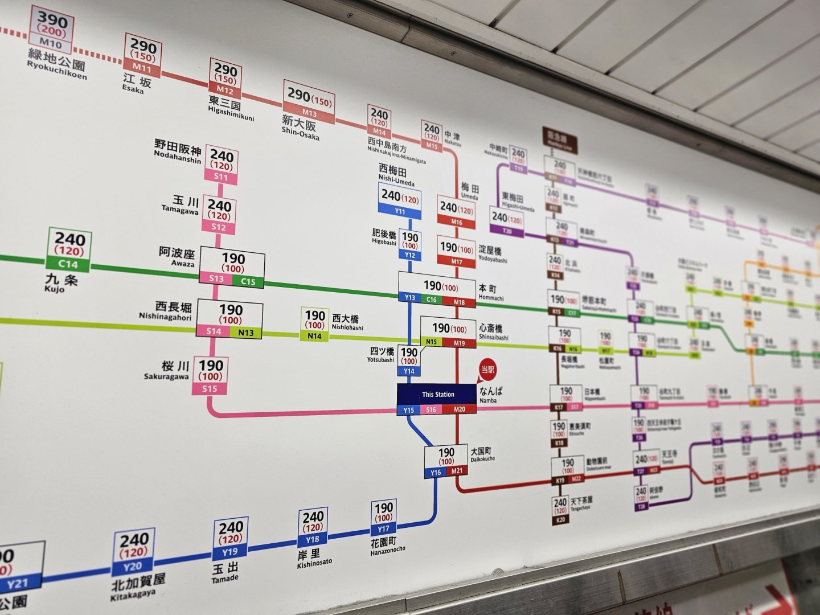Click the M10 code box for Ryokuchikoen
tap(50, 43)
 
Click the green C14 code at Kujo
tap(68, 264)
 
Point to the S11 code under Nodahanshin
tap(221, 177)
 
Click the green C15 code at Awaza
tap(248, 281)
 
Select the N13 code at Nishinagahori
tap(246, 333)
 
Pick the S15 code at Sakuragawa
tap(210, 389)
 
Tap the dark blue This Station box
tap(437, 394)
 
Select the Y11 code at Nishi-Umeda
tap(400, 212)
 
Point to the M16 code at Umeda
tap(456, 222)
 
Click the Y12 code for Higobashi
tap(409, 256)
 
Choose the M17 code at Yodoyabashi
tap(457, 261)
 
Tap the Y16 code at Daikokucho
tap(436, 472)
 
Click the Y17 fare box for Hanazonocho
tap(383, 517)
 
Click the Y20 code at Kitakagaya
tap(132, 566)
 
